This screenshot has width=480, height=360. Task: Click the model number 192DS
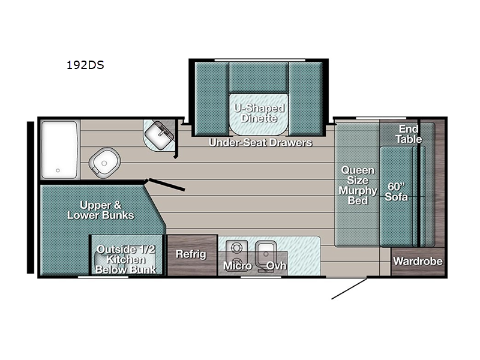[85, 65]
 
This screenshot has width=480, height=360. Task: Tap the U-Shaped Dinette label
[259, 113]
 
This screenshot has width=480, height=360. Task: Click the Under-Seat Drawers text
[260, 142]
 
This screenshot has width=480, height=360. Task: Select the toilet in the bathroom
[104, 163]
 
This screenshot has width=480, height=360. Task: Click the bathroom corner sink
[159, 136]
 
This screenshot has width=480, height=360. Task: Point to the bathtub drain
[58, 170]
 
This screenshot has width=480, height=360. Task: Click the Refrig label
[191, 254]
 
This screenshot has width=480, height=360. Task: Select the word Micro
[238, 266]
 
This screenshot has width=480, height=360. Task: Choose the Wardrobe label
[418, 261]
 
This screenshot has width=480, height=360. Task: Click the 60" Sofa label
[397, 191]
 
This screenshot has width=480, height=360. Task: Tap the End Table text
[409, 134]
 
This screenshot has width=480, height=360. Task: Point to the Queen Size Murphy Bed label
[358, 185]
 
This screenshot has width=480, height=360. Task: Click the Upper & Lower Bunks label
[100, 210]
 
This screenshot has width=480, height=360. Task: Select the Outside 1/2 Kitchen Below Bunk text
[126, 259]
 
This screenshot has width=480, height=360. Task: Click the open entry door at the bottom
[349, 288]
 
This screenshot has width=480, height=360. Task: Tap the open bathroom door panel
[167, 185]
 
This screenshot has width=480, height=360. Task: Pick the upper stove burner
[236, 247]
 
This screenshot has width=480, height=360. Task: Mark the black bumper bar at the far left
[31, 197]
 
